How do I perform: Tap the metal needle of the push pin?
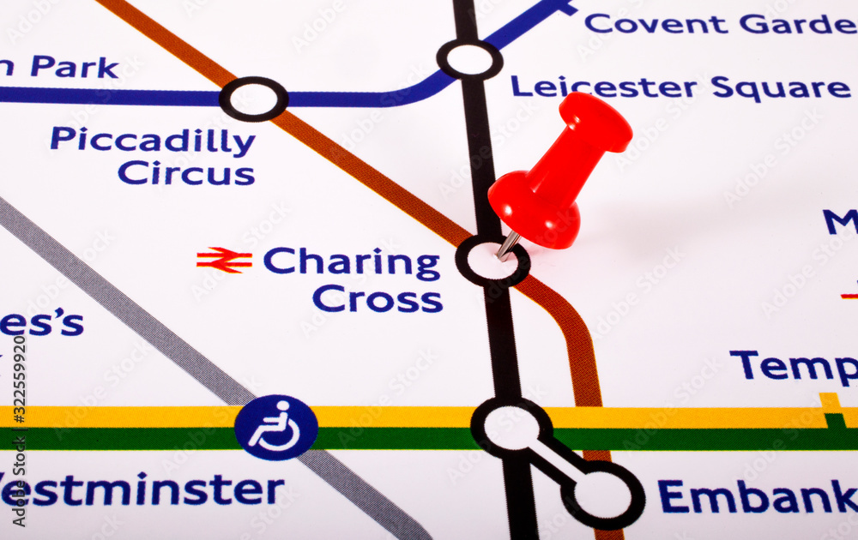click(x=507, y=245)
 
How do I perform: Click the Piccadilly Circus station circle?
click(x=253, y=99)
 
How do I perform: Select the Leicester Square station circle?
click(x=469, y=59)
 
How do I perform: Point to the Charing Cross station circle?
click(x=492, y=261)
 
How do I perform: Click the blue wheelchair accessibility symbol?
click(x=276, y=428)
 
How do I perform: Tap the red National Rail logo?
click(x=225, y=260)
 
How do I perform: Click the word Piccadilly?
click(x=153, y=141)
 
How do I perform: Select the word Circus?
click(x=186, y=174)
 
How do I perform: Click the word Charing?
click(x=352, y=263)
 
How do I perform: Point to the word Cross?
click(x=378, y=299)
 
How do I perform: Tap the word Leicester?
click(x=603, y=87)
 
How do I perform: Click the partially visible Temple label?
click(x=793, y=367)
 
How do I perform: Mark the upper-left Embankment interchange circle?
click(x=511, y=428)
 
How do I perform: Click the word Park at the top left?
click(x=75, y=67)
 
